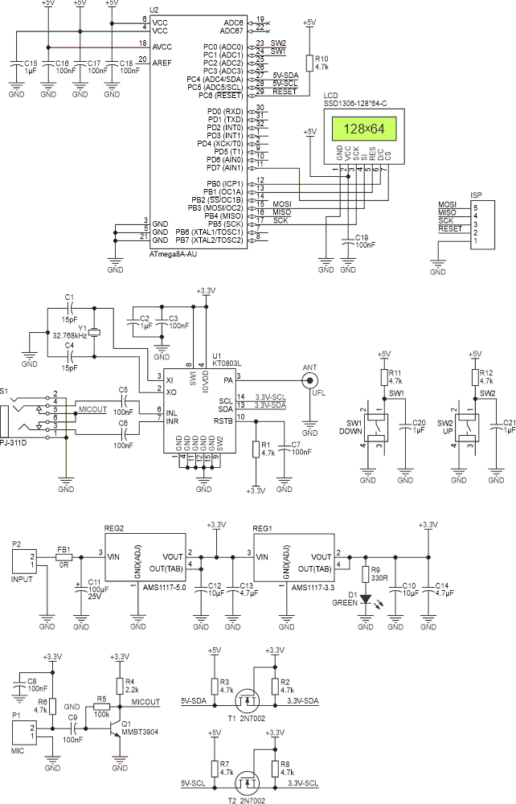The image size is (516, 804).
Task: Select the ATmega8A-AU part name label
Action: pos(174,253)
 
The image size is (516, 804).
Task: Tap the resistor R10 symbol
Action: pos(309,63)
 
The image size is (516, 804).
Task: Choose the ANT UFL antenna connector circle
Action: pos(309,381)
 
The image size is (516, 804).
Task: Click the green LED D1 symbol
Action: pos(366,599)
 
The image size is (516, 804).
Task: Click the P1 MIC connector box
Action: pos(23,732)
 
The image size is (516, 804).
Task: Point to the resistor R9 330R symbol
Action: pos(366,574)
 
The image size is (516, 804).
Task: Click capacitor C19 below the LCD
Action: pos(346,240)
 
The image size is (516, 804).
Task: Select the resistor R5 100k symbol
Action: pos(101,707)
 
